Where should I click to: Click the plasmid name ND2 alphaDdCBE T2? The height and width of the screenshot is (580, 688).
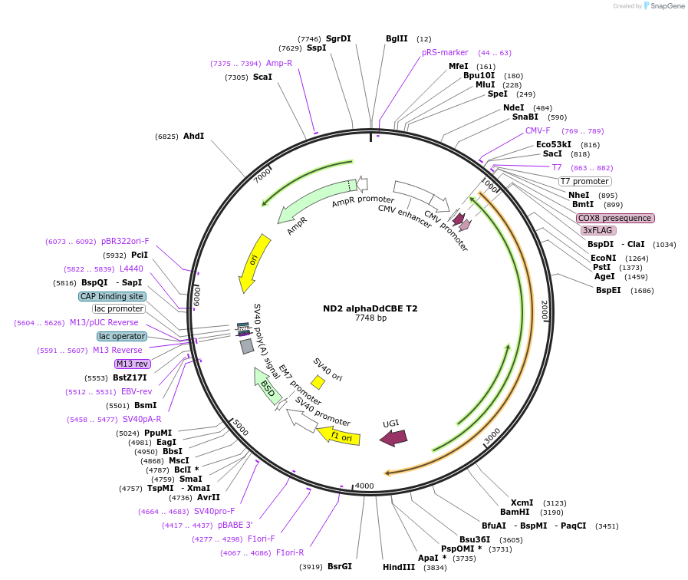point(370,308)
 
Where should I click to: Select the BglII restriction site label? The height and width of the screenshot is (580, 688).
point(397,38)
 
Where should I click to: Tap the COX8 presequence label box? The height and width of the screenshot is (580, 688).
point(615,218)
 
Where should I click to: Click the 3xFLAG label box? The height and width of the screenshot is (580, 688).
point(598,230)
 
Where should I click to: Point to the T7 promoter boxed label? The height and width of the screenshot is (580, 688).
point(584,181)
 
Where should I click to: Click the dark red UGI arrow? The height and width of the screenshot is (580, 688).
point(393,437)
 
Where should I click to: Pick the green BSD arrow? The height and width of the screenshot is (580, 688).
point(265,385)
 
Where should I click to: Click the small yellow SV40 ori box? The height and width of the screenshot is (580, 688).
point(318,381)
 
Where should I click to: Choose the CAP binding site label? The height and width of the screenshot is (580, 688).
point(111,296)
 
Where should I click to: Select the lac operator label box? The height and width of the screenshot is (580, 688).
point(121,336)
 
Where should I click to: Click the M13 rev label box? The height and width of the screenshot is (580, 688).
point(132,364)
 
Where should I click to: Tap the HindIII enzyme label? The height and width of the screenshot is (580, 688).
point(398,567)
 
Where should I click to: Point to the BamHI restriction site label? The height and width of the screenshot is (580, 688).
point(515,512)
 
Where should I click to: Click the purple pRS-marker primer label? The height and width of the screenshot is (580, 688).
point(445,52)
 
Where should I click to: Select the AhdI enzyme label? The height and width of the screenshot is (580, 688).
point(193,136)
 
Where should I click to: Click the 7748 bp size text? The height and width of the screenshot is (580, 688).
point(370,318)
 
